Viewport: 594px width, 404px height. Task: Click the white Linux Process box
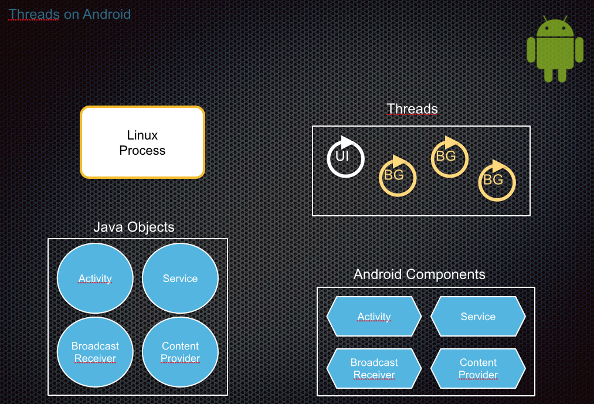(x=142, y=142)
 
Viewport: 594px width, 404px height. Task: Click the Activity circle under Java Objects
(x=95, y=278)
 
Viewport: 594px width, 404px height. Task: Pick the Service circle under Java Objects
(x=181, y=278)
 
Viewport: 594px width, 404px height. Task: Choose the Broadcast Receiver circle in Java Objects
(x=95, y=352)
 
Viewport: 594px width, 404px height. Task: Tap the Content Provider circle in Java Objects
(x=181, y=352)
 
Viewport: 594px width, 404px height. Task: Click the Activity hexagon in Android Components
(x=374, y=317)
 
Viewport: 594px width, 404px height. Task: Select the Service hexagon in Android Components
(x=478, y=317)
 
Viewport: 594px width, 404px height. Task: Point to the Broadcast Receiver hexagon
(x=374, y=368)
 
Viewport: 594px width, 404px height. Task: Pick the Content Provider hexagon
(x=478, y=368)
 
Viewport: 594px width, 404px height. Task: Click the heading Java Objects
(x=134, y=227)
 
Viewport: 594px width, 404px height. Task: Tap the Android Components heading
(x=419, y=274)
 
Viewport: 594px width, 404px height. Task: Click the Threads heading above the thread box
(x=412, y=109)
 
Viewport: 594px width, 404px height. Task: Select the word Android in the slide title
(x=107, y=15)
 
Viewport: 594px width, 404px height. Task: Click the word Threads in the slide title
(x=33, y=15)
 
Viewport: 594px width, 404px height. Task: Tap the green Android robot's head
(x=555, y=26)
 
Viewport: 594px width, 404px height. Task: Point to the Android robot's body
(x=555, y=53)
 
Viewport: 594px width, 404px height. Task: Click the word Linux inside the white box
(x=142, y=135)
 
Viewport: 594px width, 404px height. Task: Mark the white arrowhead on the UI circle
(x=347, y=142)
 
